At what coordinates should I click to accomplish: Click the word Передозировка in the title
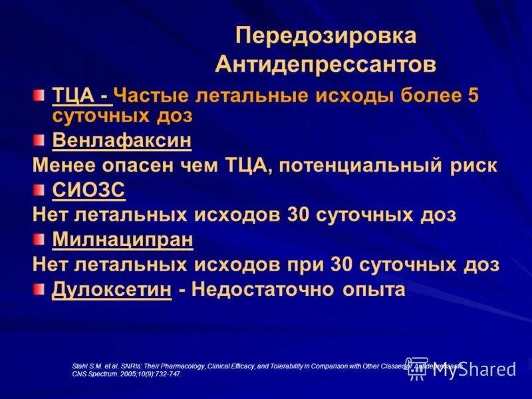(x=327, y=36)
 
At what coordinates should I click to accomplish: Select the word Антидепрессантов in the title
(x=326, y=65)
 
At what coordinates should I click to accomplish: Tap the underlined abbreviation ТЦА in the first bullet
(x=73, y=95)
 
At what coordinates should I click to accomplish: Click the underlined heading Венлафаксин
(x=122, y=140)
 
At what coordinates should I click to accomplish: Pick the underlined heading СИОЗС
(x=88, y=191)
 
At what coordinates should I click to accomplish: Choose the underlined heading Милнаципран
(x=122, y=239)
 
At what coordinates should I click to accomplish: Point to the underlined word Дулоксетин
(x=111, y=289)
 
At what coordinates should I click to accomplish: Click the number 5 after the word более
(x=473, y=95)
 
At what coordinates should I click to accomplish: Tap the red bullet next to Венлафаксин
(x=40, y=140)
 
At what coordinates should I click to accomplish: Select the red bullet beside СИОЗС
(x=40, y=191)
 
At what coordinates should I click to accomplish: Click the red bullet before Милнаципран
(x=40, y=239)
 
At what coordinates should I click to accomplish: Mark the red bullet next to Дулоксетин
(x=40, y=289)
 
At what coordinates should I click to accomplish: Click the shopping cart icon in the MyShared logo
(x=417, y=368)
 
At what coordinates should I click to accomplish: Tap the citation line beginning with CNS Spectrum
(x=126, y=374)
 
